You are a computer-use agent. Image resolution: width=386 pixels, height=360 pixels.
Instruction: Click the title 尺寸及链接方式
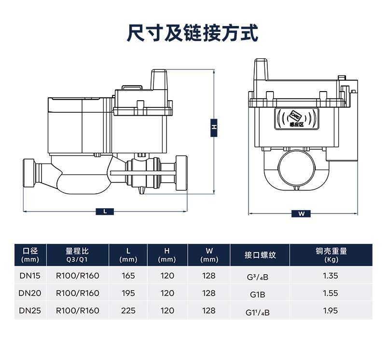[193, 33]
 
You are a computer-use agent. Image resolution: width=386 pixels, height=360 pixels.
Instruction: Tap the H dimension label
[213, 127]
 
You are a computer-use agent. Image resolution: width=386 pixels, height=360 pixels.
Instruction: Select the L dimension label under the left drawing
[105, 211]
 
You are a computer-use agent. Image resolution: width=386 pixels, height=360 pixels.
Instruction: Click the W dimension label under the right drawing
[302, 213]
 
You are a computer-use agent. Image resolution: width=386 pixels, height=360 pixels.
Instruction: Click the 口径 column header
[30, 255]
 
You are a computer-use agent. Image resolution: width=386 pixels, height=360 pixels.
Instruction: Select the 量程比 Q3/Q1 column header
[78, 255]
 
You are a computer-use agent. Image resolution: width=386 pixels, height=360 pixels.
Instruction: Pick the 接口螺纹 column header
[260, 255]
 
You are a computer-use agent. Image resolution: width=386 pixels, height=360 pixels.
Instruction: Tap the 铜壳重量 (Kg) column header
[331, 255]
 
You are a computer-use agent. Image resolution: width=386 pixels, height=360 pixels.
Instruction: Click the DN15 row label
[30, 276]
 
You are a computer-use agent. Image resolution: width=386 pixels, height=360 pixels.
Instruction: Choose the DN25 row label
[30, 311]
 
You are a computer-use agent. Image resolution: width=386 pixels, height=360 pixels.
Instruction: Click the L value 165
[128, 276]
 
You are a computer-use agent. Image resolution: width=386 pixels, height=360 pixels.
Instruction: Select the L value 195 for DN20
[128, 293]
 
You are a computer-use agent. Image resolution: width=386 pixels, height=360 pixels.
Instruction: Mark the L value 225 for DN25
[128, 311]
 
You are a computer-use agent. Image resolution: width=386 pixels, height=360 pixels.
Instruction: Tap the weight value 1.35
[331, 276]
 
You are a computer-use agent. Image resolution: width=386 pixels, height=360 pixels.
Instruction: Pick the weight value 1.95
[331, 311]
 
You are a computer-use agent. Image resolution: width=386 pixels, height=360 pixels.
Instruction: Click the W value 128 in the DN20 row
[209, 293]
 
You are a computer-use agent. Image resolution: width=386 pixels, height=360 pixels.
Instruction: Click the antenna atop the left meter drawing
[159, 80]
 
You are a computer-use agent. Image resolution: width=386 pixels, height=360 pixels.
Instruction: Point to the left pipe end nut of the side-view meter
[30, 174]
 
